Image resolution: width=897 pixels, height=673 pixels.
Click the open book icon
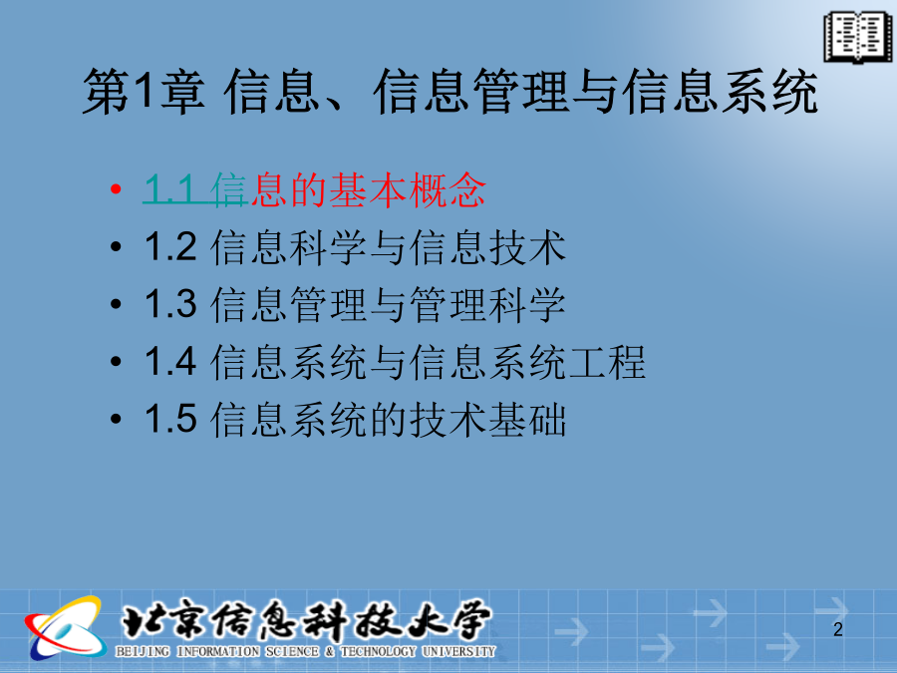click(x=857, y=37)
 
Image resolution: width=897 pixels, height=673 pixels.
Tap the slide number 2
click(x=838, y=629)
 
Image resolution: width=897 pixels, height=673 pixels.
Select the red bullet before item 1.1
click(x=117, y=188)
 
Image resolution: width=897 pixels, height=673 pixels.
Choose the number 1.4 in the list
click(x=170, y=361)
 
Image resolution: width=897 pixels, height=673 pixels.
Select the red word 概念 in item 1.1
click(x=447, y=189)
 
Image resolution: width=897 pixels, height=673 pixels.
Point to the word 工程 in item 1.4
click(x=606, y=362)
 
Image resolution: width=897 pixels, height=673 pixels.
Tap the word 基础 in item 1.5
click(x=527, y=419)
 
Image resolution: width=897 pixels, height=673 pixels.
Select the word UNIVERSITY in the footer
click(x=458, y=651)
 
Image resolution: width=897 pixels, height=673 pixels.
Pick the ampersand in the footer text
click(x=330, y=651)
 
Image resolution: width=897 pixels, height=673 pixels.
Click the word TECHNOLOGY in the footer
click(x=378, y=651)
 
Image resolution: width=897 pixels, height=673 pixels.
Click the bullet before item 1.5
click(x=117, y=419)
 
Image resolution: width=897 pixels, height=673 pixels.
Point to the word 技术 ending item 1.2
click(x=527, y=247)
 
